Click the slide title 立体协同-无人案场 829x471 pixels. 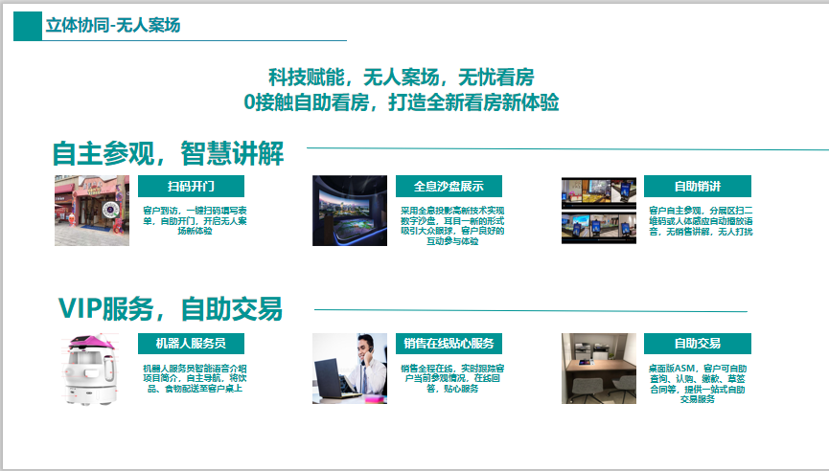113,26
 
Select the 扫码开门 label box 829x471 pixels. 191,186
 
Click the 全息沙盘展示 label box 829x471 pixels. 449,186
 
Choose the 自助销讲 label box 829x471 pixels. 697,186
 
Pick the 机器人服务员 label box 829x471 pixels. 191,343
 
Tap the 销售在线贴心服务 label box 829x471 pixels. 449,343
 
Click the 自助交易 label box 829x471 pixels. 697,343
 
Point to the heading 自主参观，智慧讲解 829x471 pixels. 169,153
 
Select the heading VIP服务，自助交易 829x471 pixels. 170,309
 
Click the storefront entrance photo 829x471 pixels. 92,211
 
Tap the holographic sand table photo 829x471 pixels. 349,211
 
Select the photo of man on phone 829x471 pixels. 349,369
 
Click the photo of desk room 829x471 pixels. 599,369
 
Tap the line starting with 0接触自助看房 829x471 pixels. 401,101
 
